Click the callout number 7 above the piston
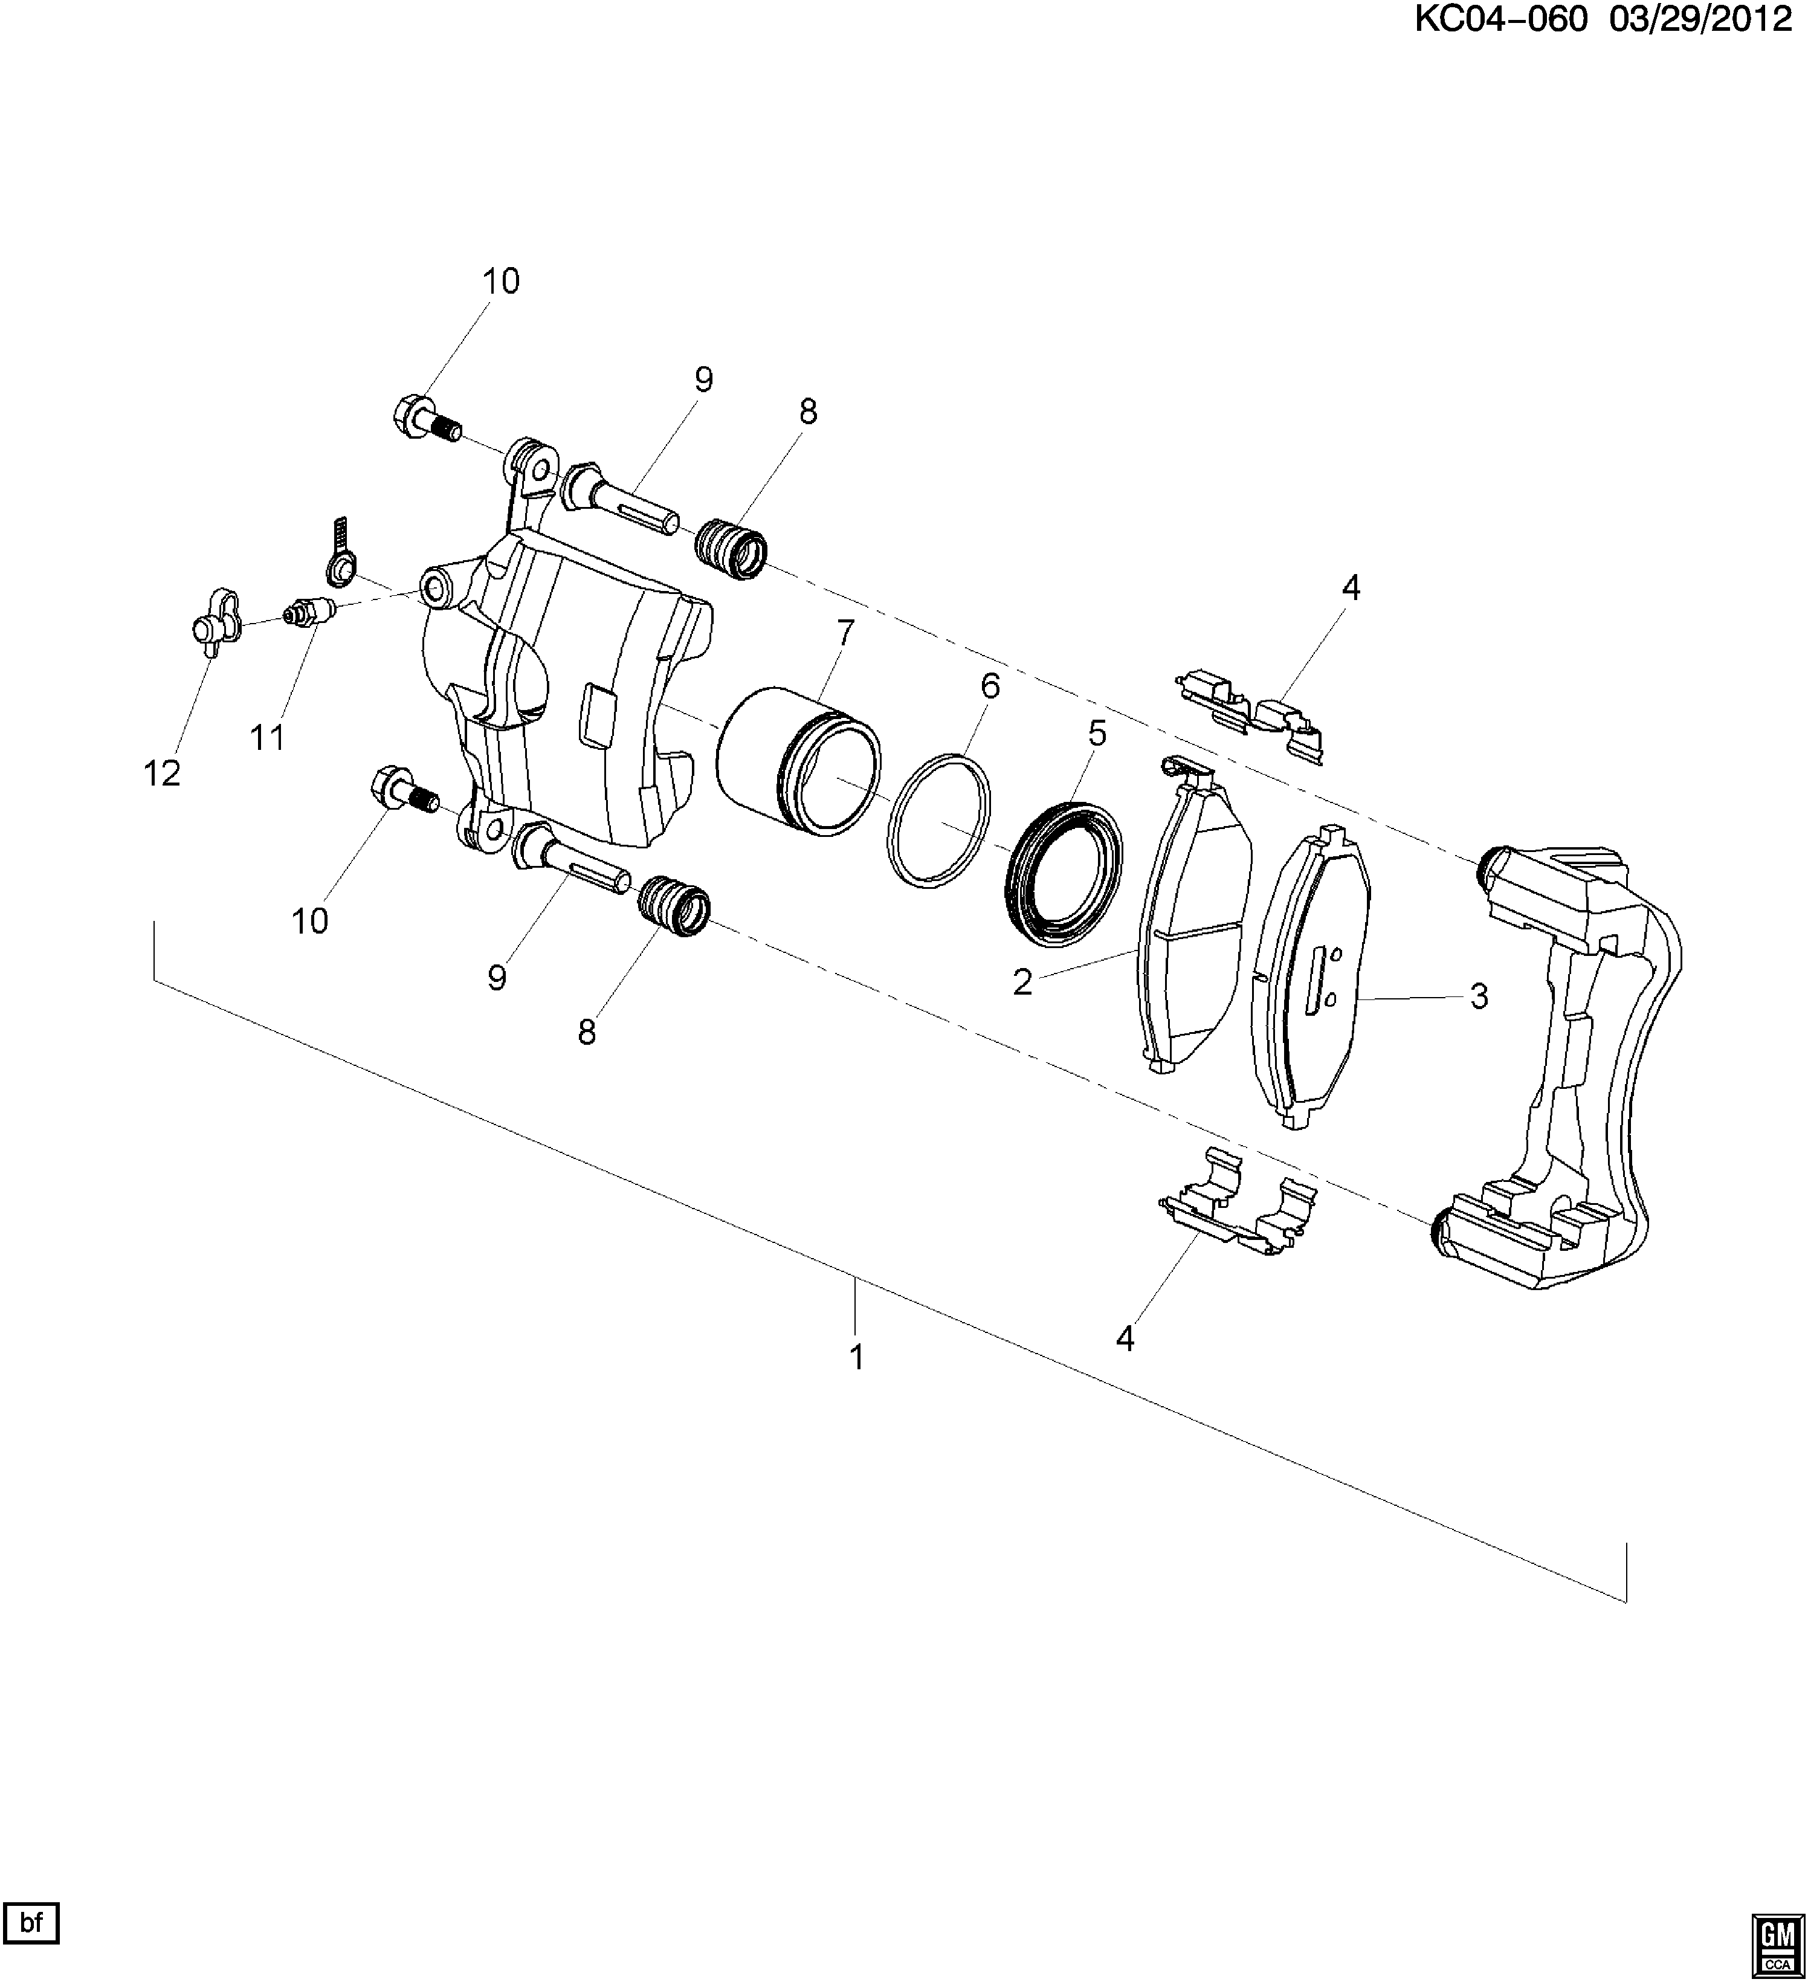(x=845, y=632)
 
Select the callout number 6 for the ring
(x=989, y=685)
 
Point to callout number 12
(x=162, y=773)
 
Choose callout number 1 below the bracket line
(x=856, y=1357)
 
